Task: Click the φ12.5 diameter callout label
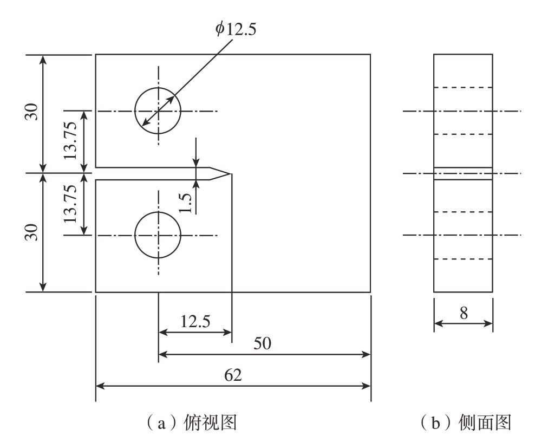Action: (x=236, y=29)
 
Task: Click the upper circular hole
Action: (x=135, y=111)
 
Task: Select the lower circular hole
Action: (x=135, y=235)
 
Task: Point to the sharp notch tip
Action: (x=232, y=174)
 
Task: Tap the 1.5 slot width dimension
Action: (x=185, y=203)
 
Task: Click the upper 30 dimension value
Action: (x=31, y=111)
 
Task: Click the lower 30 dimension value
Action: (x=31, y=232)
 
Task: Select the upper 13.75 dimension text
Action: (x=70, y=140)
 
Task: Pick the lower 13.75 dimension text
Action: (x=70, y=204)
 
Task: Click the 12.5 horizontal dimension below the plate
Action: (x=195, y=322)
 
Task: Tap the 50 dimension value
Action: (x=262, y=343)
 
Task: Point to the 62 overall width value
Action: (x=233, y=375)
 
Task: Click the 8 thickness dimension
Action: (x=464, y=313)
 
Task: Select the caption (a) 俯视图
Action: (x=191, y=423)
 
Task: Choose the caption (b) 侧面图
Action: (x=466, y=423)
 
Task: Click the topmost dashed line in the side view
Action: (x=463, y=88)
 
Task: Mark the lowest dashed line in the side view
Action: (x=463, y=259)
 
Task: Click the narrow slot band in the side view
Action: (x=463, y=173)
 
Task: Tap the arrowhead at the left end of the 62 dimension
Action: (x=100, y=386)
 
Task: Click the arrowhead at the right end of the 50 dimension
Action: (x=366, y=354)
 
